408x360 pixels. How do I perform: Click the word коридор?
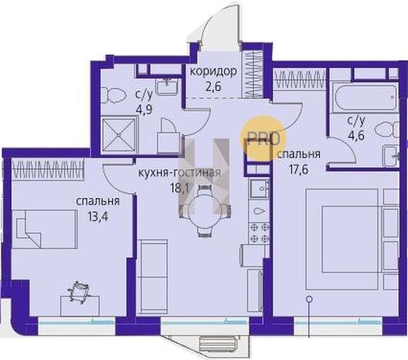click(213, 72)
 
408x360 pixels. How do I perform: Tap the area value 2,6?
click(214, 87)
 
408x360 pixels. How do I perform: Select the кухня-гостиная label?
click(180, 172)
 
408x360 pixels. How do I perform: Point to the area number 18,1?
click(180, 188)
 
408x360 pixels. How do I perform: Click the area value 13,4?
click(98, 217)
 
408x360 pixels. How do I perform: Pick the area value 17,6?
click(299, 170)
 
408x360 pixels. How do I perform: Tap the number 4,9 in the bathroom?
click(144, 110)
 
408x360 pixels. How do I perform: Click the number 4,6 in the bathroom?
click(356, 135)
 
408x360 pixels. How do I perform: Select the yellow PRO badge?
click(264, 138)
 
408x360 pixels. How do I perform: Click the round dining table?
click(205, 210)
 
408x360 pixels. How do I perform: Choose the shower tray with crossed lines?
click(118, 135)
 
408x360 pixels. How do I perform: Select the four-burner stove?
click(259, 233)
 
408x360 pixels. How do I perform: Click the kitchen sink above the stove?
click(259, 189)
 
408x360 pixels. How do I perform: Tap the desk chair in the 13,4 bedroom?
click(78, 291)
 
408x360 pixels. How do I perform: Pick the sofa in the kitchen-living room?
click(152, 277)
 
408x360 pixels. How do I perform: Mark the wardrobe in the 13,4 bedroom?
click(48, 169)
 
